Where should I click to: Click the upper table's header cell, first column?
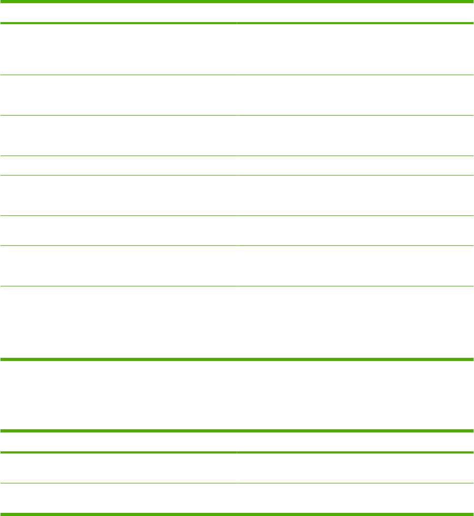coord(118,13)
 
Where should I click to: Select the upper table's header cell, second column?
coord(355,13)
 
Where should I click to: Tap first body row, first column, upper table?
coord(118,49)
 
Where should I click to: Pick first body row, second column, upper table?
coord(355,49)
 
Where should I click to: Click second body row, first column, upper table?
coord(118,95)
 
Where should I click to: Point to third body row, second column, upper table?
coord(355,136)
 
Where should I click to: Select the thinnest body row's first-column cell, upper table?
coord(118,166)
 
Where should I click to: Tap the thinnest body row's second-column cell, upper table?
coord(355,166)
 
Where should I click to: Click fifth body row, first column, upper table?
coord(118,195)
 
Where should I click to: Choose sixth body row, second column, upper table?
coord(355,231)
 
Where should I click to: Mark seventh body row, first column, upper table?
coord(118,266)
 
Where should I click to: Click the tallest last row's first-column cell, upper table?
coord(118,322)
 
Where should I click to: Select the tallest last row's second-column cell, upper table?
coord(355,322)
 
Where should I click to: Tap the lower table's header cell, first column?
coord(118,442)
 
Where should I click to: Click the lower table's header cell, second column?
coord(355,442)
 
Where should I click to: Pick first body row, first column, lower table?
coord(118,468)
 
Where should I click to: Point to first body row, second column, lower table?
coord(355,468)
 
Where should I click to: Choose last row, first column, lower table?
coord(118,498)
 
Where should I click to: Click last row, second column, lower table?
coord(355,498)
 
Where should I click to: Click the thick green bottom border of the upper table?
coord(237,359)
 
